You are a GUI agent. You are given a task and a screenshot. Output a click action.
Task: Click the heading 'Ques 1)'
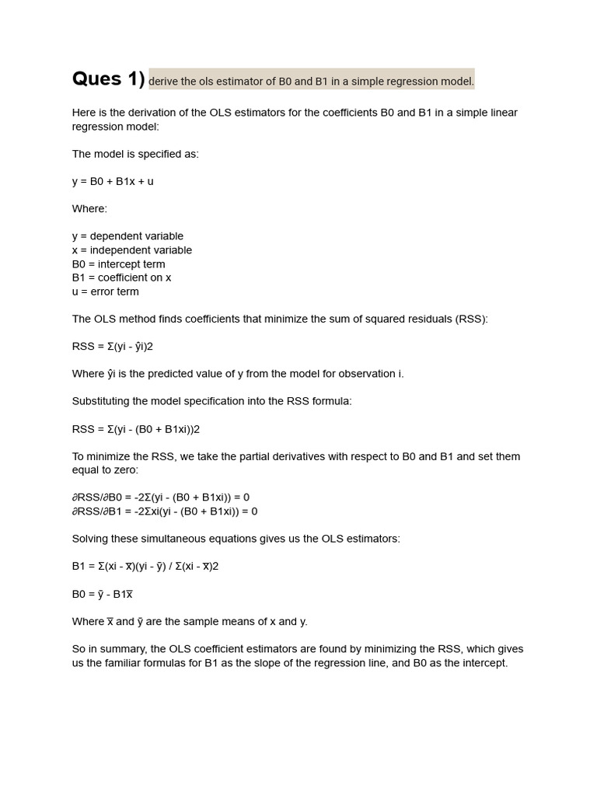click(108, 79)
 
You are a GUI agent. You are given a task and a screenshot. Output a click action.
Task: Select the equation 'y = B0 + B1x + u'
click(113, 181)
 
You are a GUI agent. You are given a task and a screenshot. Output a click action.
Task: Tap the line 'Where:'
click(89, 208)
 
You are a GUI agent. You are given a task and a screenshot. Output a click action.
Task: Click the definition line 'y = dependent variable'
click(127, 236)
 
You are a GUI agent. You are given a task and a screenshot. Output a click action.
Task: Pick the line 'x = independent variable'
click(131, 250)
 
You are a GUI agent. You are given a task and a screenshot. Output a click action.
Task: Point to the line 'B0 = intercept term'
click(118, 264)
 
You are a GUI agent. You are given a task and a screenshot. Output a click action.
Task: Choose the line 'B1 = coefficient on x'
click(121, 278)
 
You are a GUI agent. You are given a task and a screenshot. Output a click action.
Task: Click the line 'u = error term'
click(105, 292)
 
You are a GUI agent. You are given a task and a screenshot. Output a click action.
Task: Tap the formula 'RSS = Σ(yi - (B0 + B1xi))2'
click(136, 429)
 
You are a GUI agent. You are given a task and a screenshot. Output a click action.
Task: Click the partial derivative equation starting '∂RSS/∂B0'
click(161, 497)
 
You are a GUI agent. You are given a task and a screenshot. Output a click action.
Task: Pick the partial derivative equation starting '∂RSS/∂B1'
click(165, 511)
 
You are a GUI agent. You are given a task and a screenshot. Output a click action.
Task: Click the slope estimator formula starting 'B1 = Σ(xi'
click(145, 566)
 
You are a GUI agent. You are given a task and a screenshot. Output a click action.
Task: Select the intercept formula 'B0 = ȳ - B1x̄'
click(103, 594)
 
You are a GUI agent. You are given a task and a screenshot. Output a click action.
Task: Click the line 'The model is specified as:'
click(135, 154)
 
